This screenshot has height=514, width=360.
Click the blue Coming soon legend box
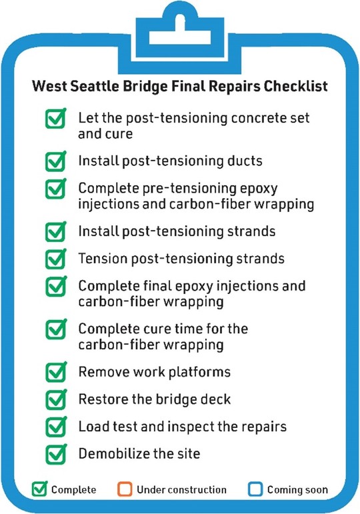pyautogui.click(x=256, y=490)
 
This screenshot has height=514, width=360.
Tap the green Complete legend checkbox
pyautogui.click(x=40, y=489)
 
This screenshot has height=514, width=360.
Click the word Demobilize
pyautogui.click(x=109, y=454)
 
